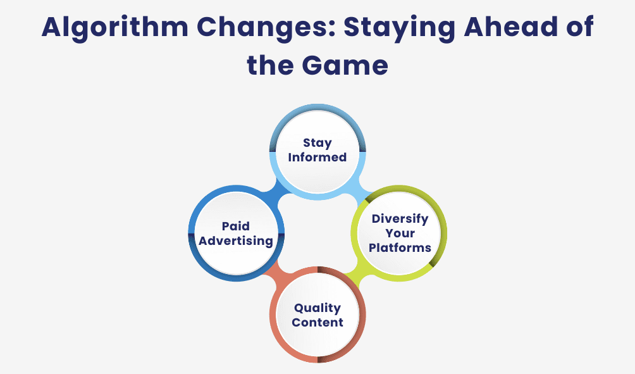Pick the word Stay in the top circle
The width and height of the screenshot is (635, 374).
pos(317,143)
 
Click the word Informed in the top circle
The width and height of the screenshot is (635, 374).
pos(317,157)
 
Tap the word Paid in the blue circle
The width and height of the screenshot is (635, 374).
pos(235,226)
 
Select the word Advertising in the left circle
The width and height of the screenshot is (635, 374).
pos(235,240)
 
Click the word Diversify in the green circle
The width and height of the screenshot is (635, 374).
pos(400,219)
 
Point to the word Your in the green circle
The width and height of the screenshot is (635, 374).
pos(400,233)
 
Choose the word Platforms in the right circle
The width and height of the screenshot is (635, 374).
pos(400,247)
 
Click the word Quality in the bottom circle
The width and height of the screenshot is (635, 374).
pos(317,308)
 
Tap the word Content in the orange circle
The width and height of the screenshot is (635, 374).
pos(317,322)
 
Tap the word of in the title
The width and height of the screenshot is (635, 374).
pos(579,29)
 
